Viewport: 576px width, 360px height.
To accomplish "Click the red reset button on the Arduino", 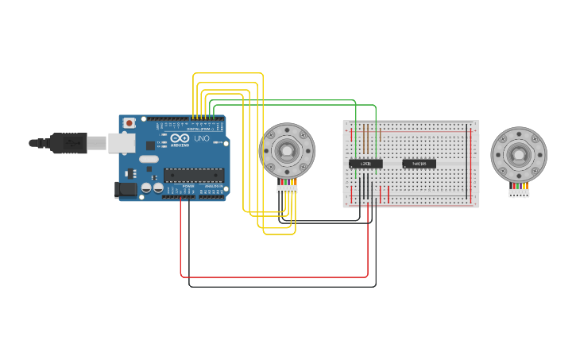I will pos(129,124).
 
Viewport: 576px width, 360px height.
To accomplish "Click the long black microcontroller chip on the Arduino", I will pos(193,175).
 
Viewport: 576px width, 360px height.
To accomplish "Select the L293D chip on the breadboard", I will pos(365,164).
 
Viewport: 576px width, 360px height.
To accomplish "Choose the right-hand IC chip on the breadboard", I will pos(419,164).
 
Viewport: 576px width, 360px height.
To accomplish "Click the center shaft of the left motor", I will pos(286,149).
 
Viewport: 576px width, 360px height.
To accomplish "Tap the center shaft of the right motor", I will pos(518,154).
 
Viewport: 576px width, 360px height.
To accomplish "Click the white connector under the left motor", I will pos(287,188).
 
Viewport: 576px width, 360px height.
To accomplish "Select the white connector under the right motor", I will pos(519,192).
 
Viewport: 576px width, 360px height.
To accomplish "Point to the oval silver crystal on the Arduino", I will pos(149,159).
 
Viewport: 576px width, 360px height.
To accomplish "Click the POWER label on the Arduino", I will pos(188,186).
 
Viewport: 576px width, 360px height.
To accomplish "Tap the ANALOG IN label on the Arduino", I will pos(213,186).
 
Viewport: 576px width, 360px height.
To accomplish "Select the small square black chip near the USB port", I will pos(150,145).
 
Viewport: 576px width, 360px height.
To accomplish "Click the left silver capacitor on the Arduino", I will pos(147,188).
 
